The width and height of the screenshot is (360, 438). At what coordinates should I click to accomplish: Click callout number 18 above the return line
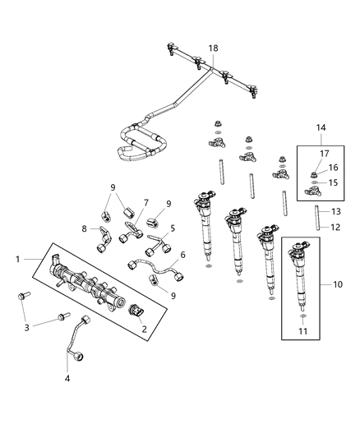point(214,49)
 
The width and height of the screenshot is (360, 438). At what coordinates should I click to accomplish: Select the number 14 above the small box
point(321,128)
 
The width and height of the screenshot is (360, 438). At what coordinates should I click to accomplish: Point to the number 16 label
point(334,167)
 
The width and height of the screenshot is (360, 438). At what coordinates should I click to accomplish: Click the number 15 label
point(334,182)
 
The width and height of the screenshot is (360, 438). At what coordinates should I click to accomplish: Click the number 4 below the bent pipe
point(67,379)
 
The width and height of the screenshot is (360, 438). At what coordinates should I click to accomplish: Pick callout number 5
point(173,228)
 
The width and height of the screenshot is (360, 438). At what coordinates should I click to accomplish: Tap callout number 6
point(182,255)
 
